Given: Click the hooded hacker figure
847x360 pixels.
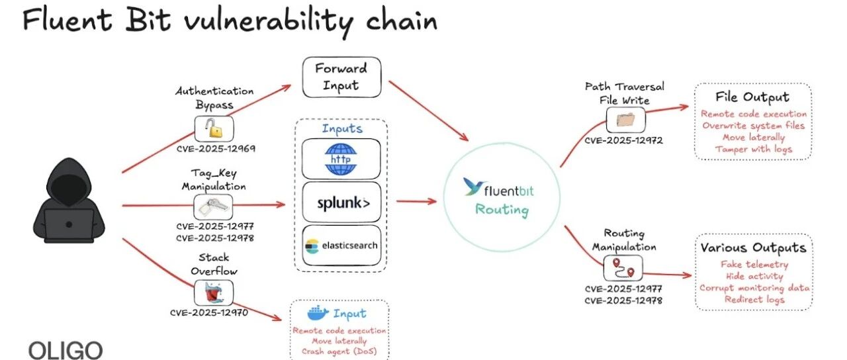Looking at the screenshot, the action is tap(69, 201).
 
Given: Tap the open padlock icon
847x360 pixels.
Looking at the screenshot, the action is tap(214, 128).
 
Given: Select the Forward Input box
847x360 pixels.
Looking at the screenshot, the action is tap(341, 77).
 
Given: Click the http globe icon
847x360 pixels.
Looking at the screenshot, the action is tap(341, 159).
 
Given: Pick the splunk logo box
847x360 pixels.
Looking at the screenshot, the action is tap(341, 202).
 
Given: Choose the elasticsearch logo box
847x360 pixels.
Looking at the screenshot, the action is tap(341, 246).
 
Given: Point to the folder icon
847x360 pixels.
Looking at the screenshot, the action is tap(625, 120).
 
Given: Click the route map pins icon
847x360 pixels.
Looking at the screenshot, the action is tap(623, 268).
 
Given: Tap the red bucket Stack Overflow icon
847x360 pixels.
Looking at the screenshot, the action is tap(214, 292).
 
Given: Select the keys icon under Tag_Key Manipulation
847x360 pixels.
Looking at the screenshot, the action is tap(213, 207).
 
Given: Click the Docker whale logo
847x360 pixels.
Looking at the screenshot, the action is tap(318, 313).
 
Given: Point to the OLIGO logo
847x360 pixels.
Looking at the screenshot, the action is tap(66, 350).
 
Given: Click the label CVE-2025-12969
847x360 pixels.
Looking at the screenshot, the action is tap(216, 149).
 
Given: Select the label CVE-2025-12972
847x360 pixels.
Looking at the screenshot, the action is tap(623, 140).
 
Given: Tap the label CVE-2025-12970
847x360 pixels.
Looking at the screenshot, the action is tap(209, 313).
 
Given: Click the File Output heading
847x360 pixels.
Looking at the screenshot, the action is tap(752, 97).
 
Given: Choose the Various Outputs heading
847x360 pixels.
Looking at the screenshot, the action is tap(753, 247).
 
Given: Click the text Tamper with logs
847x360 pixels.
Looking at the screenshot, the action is tap(753, 150).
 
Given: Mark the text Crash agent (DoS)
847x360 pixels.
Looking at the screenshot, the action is tap(339, 351).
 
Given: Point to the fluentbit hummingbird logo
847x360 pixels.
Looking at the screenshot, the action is tap(474, 187).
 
